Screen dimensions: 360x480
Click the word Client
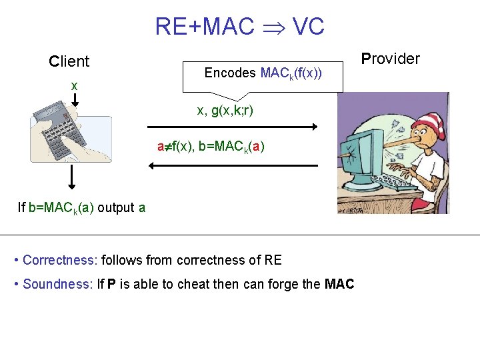[69, 61]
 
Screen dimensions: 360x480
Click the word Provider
[390, 59]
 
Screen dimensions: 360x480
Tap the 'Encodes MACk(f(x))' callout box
[263, 73]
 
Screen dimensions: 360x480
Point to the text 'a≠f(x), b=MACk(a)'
[211, 147]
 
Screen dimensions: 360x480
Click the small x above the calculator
[74, 85]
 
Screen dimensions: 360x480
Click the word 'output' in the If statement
[115, 207]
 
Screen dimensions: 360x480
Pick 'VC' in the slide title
[308, 27]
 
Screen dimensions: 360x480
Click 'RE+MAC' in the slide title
[204, 27]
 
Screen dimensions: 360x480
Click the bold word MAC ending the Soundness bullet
[339, 284]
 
